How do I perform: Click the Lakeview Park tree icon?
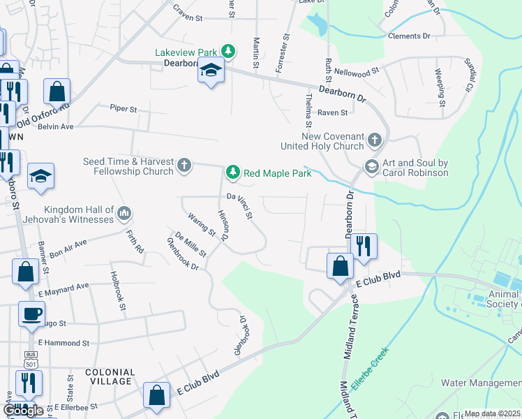(x=228, y=51)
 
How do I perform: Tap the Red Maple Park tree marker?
(x=232, y=172)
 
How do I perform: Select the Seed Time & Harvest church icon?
(x=184, y=166)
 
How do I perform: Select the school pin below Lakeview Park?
(x=210, y=71)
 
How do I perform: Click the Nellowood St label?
(x=356, y=71)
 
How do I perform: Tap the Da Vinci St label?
(x=239, y=206)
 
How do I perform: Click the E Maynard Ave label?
(x=64, y=286)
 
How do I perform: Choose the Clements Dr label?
(x=409, y=36)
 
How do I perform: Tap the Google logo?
(x=23, y=410)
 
